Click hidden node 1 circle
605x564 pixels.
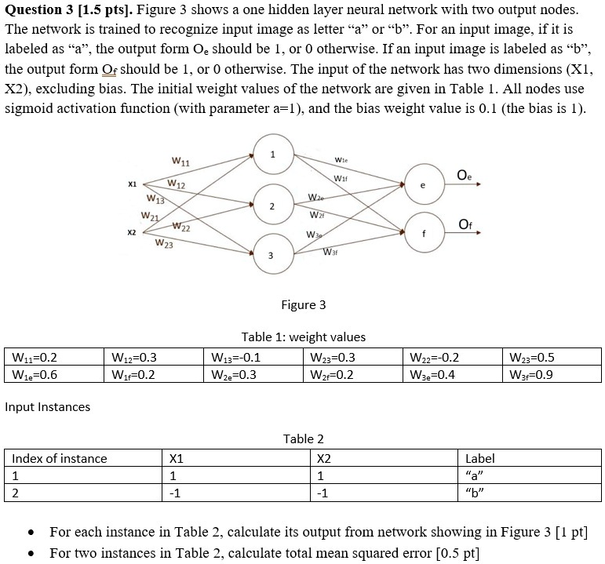pos(272,155)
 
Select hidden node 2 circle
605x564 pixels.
pos(272,206)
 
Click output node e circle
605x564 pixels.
pos(423,185)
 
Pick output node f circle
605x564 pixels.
pos(423,232)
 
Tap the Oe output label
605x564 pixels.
pos(465,174)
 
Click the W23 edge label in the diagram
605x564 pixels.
pos(165,244)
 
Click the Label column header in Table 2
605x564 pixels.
pos(479,458)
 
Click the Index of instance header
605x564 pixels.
pos(60,458)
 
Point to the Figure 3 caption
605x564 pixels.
pos(303,304)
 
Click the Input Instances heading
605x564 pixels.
pos(47,406)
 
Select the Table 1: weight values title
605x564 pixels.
pos(303,337)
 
